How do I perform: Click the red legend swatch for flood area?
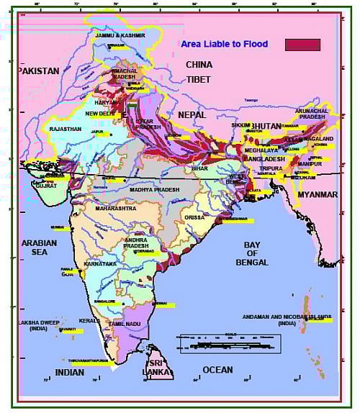coord(302,44)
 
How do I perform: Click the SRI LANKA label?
coord(158,368)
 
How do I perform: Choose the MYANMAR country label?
coord(318,194)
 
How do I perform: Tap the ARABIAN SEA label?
coord(39,248)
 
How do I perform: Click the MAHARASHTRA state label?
coord(114,209)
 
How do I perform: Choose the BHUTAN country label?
coord(266,126)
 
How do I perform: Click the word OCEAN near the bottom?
coord(217,370)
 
